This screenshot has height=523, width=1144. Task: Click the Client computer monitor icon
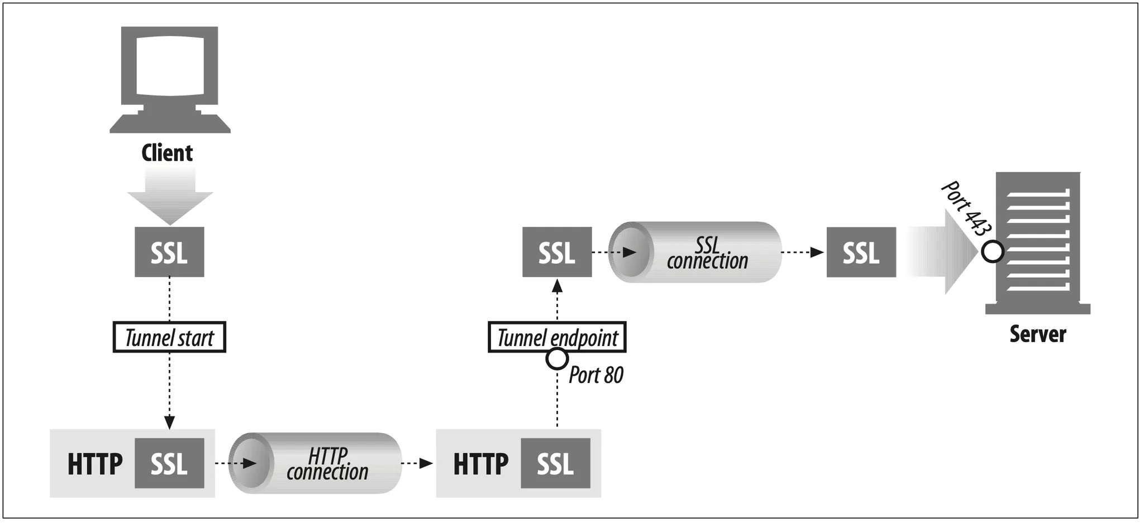pyautogui.click(x=170, y=78)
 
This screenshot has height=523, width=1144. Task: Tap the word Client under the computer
pyautogui.click(x=167, y=153)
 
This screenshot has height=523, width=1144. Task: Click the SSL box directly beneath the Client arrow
pyautogui.click(x=169, y=252)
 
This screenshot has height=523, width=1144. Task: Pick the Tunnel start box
pyautogui.click(x=169, y=337)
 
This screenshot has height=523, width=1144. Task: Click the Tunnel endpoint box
pyautogui.click(x=557, y=337)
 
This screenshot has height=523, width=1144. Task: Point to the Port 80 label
pyautogui.click(x=595, y=375)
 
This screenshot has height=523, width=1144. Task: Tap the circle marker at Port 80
pyautogui.click(x=557, y=359)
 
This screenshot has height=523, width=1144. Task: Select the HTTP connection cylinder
pyautogui.click(x=316, y=463)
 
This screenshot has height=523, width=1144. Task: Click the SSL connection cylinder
pyautogui.click(x=695, y=252)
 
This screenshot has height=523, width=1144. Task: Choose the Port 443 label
pyautogui.click(x=966, y=208)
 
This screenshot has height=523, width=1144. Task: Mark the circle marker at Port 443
pyautogui.click(x=993, y=252)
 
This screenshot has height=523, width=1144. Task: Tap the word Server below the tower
pyautogui.click(x=1038, y=334)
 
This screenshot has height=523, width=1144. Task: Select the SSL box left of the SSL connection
pyautogui.click(x=557, y=252)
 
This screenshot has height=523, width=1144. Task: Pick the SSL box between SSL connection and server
pyautogui.click(x=861, y=252)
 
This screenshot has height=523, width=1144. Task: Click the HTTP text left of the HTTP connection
pyautogui.click(x=95, y=464)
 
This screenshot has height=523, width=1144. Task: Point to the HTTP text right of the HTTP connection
pyautogui.click(x=481, y=464)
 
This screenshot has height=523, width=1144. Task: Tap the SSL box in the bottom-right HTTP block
pyautogui.click(x=555, y=464)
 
